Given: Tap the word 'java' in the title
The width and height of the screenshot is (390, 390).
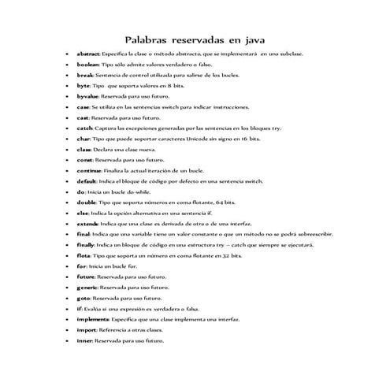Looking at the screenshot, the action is coord(252,40).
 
